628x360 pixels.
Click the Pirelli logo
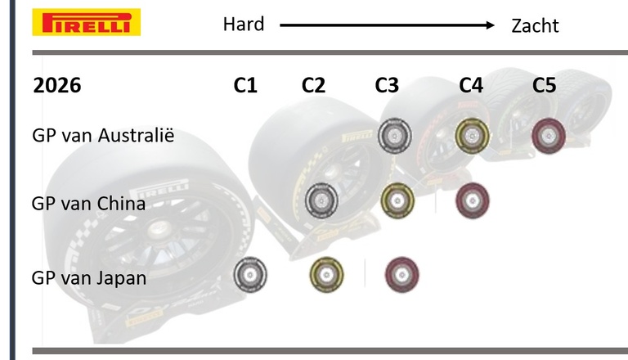[x=86, y=22]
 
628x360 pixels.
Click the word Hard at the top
[x=244, y=25]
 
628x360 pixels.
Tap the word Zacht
[x=535, y=25]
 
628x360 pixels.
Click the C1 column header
[x=244, y=85]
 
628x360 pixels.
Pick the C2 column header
[x=313, y=85]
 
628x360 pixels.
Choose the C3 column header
[x=387, y=85]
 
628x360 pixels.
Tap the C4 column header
[x=471, y=85]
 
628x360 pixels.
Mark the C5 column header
[x=544, y=85]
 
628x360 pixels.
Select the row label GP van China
[x=88, y=203]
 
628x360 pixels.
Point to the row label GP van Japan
[x=89, y=277]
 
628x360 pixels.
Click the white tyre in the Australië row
[x=395, y=136]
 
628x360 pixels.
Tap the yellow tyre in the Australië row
[x=472, y=135]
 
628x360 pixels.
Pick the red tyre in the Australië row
[x=547, y=135]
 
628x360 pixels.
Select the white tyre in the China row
[x=321, y=199]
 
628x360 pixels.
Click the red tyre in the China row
[x=473, y=199]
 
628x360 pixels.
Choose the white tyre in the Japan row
[x=250, y=275]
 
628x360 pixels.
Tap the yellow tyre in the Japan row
[x=327, y=274]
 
